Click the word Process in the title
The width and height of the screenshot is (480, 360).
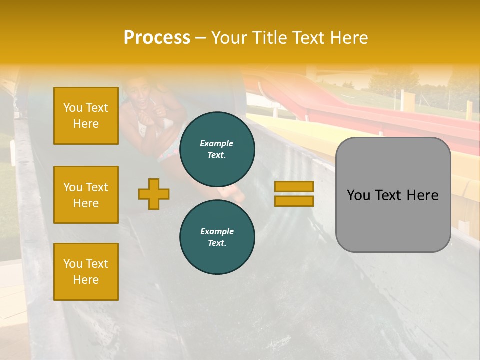[x=157, y=38]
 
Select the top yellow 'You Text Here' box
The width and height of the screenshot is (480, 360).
[x=86, y=116]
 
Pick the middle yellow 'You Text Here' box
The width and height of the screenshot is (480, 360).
[x=86, y=195]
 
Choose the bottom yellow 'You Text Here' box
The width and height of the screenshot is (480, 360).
[x=86, y=272]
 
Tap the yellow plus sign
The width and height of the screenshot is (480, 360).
[x=154, y=194]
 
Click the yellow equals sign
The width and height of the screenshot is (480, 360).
[x=294, y=194]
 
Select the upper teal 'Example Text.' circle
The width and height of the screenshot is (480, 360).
[x=217, y=149]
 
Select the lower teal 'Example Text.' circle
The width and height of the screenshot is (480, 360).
[x=217, y=237]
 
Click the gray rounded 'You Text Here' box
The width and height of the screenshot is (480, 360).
[x=393, y=195]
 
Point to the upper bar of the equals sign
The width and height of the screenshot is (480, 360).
[x=294, y=187]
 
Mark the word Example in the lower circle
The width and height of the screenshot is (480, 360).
[x=217, y=232]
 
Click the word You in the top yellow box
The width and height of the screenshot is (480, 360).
[x=73, y=108]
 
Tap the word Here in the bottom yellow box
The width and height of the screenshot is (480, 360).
[x=86, y=280]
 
